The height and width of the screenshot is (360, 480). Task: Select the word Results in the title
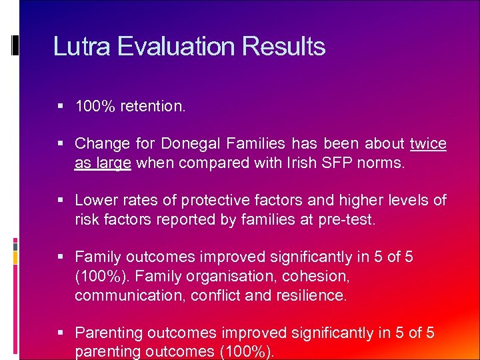[284, 47]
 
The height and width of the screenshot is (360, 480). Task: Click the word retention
[153, 106]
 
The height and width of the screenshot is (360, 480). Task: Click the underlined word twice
[428, 143]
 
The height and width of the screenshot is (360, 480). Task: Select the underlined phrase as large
[103, 162]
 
